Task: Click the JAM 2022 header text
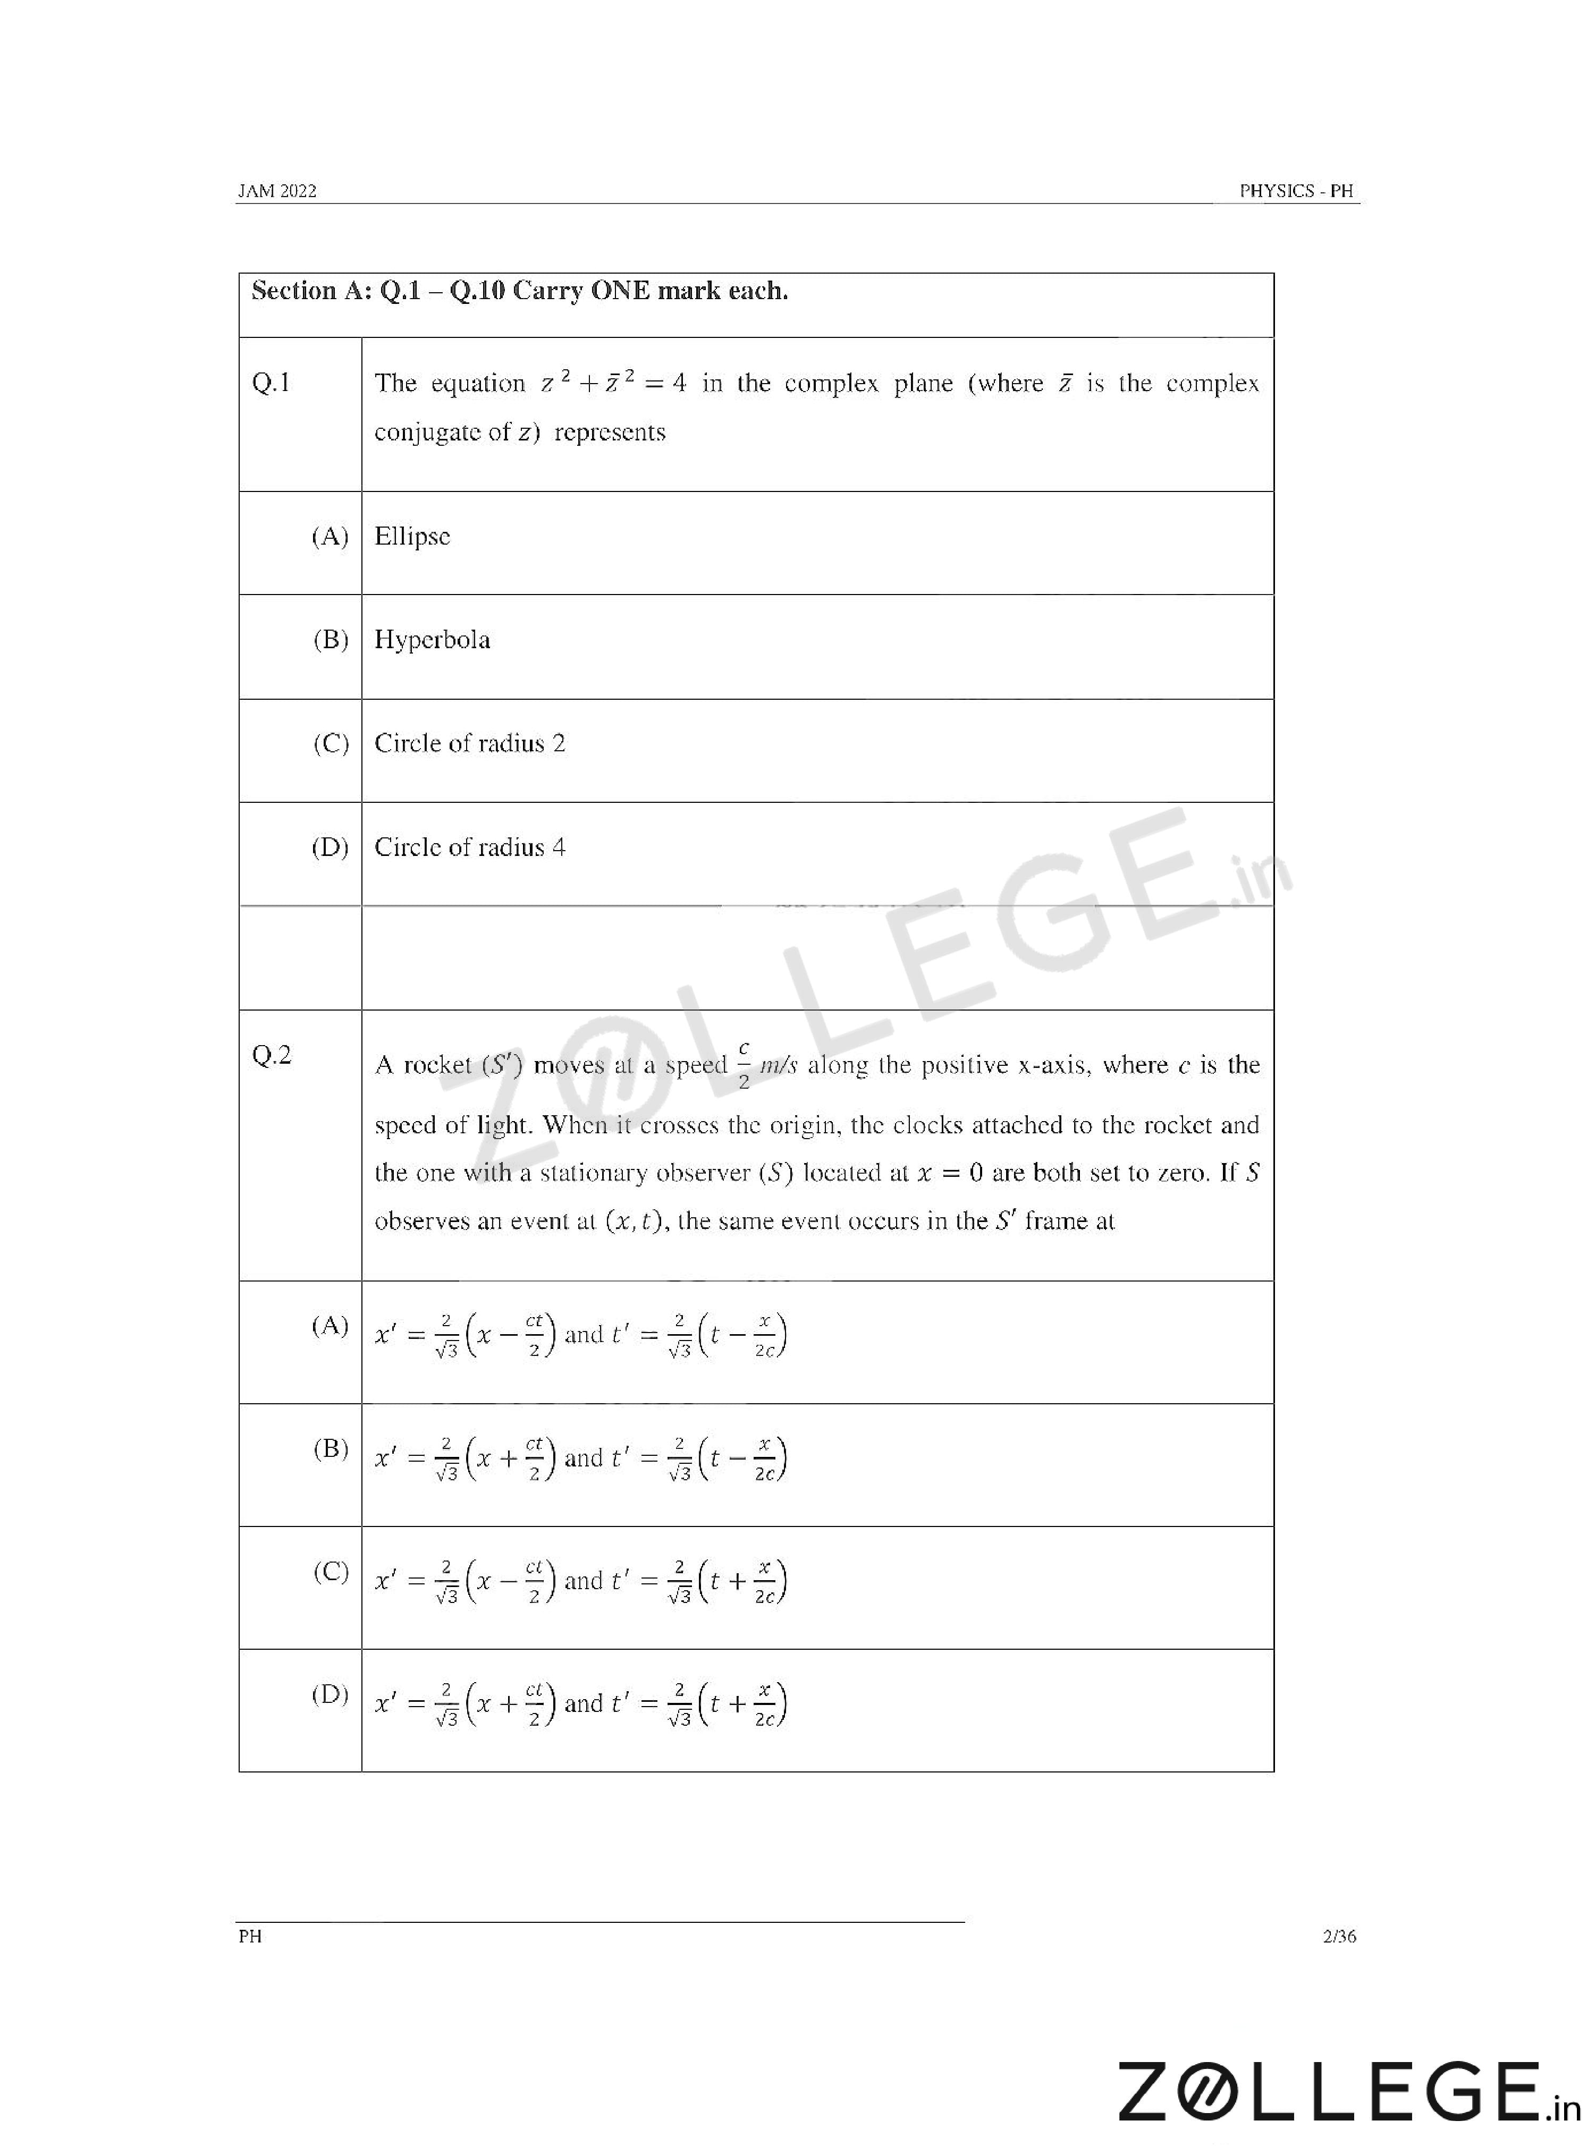(277, 191)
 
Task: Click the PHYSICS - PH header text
(1296, 191)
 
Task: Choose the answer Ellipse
(412, 537)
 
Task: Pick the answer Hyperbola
(432, 640)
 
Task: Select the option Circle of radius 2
(469, 744)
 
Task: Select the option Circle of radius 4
(469, 848)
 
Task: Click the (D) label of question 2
(330, 1695)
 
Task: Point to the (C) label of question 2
(331, 1571)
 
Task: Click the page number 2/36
(1339, 1937)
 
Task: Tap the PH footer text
(250, 1937)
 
